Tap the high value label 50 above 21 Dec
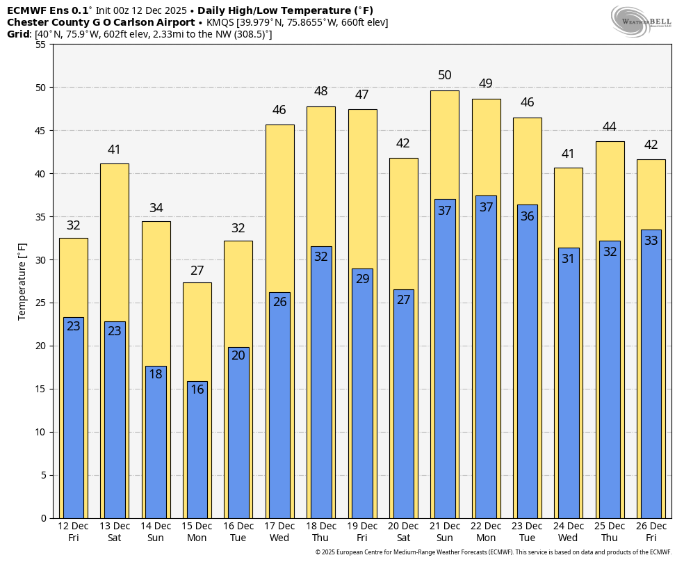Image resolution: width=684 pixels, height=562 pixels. [x=445, y=75]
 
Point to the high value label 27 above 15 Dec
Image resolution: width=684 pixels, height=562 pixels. [x=197, y=271]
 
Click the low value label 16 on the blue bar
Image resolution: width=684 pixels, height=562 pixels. [x=197, y=390]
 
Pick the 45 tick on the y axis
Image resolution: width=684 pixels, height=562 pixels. [x=40, y=131]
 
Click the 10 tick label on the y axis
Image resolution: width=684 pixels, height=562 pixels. [x=40, y=432]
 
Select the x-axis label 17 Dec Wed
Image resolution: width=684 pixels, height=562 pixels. [x=279, y=532]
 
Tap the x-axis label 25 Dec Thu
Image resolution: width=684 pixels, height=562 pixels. [x=610, y=532]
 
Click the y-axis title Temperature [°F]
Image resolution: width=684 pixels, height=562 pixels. [x=22, y=281]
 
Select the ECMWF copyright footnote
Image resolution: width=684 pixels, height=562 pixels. [x=493, y=552]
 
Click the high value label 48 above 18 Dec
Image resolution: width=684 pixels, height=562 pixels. [x=321, y=91]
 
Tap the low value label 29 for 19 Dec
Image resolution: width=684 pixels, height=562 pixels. [x=362, y=279]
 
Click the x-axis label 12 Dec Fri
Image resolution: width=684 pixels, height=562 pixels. [x=73, y=532]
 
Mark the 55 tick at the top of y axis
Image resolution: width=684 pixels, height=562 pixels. [x=40, y=45]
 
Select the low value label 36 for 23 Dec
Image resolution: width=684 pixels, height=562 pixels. [x=528, y=216]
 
